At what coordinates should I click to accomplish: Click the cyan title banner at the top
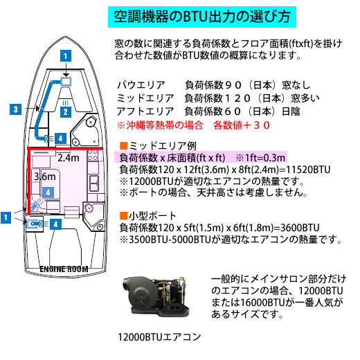(202, 17)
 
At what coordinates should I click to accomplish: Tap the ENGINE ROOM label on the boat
(64, 269)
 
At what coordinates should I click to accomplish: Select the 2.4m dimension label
(69, 158)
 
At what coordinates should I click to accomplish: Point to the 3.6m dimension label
(45, 177)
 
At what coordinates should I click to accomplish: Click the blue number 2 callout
(66, 112)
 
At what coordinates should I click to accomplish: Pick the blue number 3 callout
(15, 109)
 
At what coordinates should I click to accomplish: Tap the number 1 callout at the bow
(66, 56)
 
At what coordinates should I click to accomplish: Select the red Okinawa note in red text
(193, 125)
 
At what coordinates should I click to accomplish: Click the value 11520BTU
(308, 170)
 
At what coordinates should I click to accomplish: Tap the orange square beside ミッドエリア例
(124, 146)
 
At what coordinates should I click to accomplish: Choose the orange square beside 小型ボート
(124, 215)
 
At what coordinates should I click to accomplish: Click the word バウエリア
(141, 85)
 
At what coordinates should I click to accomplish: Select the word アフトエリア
(145, 111)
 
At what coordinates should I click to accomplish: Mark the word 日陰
(291, 111)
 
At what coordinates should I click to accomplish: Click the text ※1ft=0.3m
(260, 158)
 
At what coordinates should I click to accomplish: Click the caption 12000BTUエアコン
(159, 337)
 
